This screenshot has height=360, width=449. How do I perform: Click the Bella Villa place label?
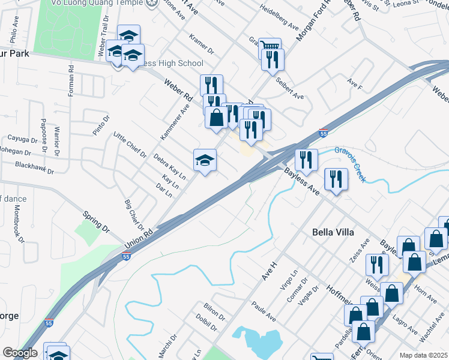(333, 232)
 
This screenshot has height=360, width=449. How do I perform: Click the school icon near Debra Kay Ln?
(205, 160)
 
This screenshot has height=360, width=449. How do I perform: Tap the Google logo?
(19, 353)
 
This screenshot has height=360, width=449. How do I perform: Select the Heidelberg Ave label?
(279, 18)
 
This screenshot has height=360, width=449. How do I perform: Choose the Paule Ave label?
(263, 311)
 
